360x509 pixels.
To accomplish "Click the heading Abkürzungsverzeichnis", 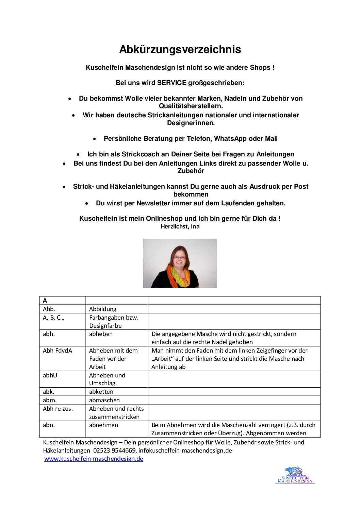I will click(x=180, y=50).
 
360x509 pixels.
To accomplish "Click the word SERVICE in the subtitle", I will click(x=171, y=83).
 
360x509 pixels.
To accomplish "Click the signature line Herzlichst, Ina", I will click(x=180, y=226).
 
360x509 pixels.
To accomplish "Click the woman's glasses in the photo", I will click(x=179, y=258).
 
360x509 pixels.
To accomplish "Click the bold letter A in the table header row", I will click(x=45, y=301).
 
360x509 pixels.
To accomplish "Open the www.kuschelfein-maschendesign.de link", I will click(x=94, y=459).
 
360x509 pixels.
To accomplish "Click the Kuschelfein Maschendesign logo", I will click(x=295, y=475).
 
